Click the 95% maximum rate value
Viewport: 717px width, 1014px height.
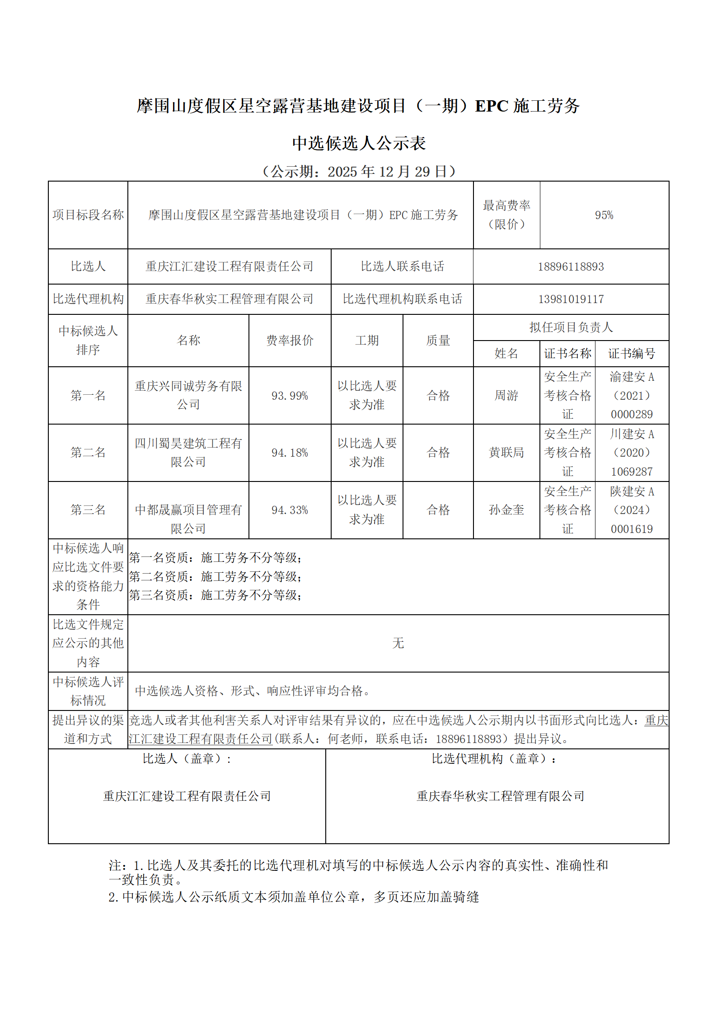[x=604, y=215]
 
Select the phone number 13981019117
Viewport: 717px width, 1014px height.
[x=571, y=299]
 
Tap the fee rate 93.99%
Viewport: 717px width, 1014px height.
[x=290, y=396]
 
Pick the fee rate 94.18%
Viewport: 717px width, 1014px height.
[x=290, y=453]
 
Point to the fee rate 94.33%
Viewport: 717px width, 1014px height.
[x=290, y=510]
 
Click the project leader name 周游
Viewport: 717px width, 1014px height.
[x=506, y=396]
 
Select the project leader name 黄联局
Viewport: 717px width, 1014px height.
[x=506, y=453]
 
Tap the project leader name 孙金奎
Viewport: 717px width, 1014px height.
[x=506, y=510]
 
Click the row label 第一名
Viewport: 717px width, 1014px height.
[x=88, y=396]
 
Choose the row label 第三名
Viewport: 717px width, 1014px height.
[x=88, y=510]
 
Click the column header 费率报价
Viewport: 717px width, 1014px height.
[x=290, y=341]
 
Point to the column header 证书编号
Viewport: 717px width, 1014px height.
[x=631, y=354]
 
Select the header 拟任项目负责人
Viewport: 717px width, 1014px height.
[x=571, y=327]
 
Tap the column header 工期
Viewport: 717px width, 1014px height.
[x=366, y=341]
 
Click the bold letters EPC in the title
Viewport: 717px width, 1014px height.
[x=492, y=106]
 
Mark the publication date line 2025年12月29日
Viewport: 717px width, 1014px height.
[x=359, y=172]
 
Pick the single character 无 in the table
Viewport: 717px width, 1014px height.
[x=398, y=643]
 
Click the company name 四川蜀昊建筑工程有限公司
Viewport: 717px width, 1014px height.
[x=188, y=453]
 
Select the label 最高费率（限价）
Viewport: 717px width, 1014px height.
[x=506, y=215]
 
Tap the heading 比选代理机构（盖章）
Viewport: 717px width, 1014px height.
[x=493, y=759]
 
